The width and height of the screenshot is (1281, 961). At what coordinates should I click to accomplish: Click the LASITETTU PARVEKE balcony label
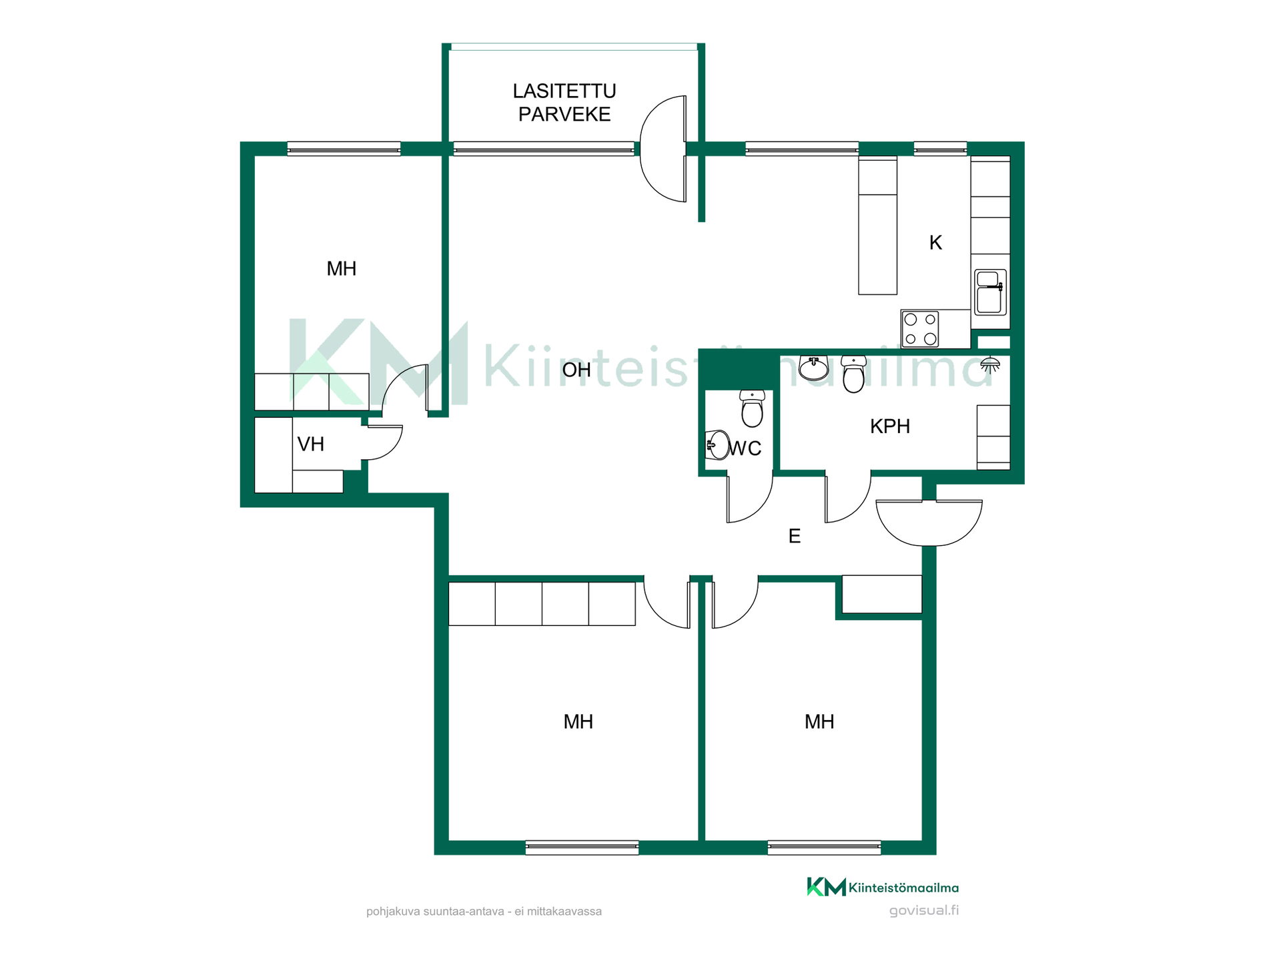pyautogui.click(x=564, y=103)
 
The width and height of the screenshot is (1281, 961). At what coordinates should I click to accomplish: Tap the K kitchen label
pyautogui.click(x=935, y=243)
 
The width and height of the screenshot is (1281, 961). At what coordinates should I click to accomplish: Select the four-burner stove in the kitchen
pyautogui.click(x=920, y=329)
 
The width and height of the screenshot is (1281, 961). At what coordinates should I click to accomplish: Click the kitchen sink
pyautogui.click(x=991, y=292)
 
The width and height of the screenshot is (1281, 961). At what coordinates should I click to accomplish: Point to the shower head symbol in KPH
pyautogui.click(x=990, y=364)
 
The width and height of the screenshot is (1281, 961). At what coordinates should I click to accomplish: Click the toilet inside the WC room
pyautogui.click(x=752, y=408)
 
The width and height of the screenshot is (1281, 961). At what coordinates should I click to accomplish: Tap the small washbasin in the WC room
pyautogui.click(x=717, y=444)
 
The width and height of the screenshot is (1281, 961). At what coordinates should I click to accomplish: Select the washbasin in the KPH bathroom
pyautogui.click(x=813, y=367)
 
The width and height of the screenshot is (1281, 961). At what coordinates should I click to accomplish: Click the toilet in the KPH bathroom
pyautogui.click(x=853, y=374)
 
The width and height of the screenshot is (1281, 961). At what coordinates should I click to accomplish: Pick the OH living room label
pyautogui.click(x=576, y=370)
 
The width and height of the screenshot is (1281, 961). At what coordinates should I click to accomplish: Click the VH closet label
pyautogui.click(x=311, y=444)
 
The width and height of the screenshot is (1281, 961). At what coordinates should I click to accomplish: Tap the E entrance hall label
pyautogui.click(x=794, y=536)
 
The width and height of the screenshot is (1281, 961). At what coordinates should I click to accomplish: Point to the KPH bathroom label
pyautogui.click(x=889, y=426)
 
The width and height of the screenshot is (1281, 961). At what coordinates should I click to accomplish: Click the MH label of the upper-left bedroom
pyautogui.click(x=341, y=269)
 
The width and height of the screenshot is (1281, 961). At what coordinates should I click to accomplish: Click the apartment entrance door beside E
pyautogui.click(x=929, y=523)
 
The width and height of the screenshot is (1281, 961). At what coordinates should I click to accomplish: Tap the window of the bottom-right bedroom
pyautogui.click(x=824, y=848)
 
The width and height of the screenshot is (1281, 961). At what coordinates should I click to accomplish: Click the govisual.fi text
pyautogui.click(x=923, y=910)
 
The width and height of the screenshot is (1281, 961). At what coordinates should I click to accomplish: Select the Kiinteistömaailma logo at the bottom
pyautogui.click(x=883, y=887)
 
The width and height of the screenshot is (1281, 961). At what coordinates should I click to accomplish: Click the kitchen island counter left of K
pyautogui.click(x=877, y=226)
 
